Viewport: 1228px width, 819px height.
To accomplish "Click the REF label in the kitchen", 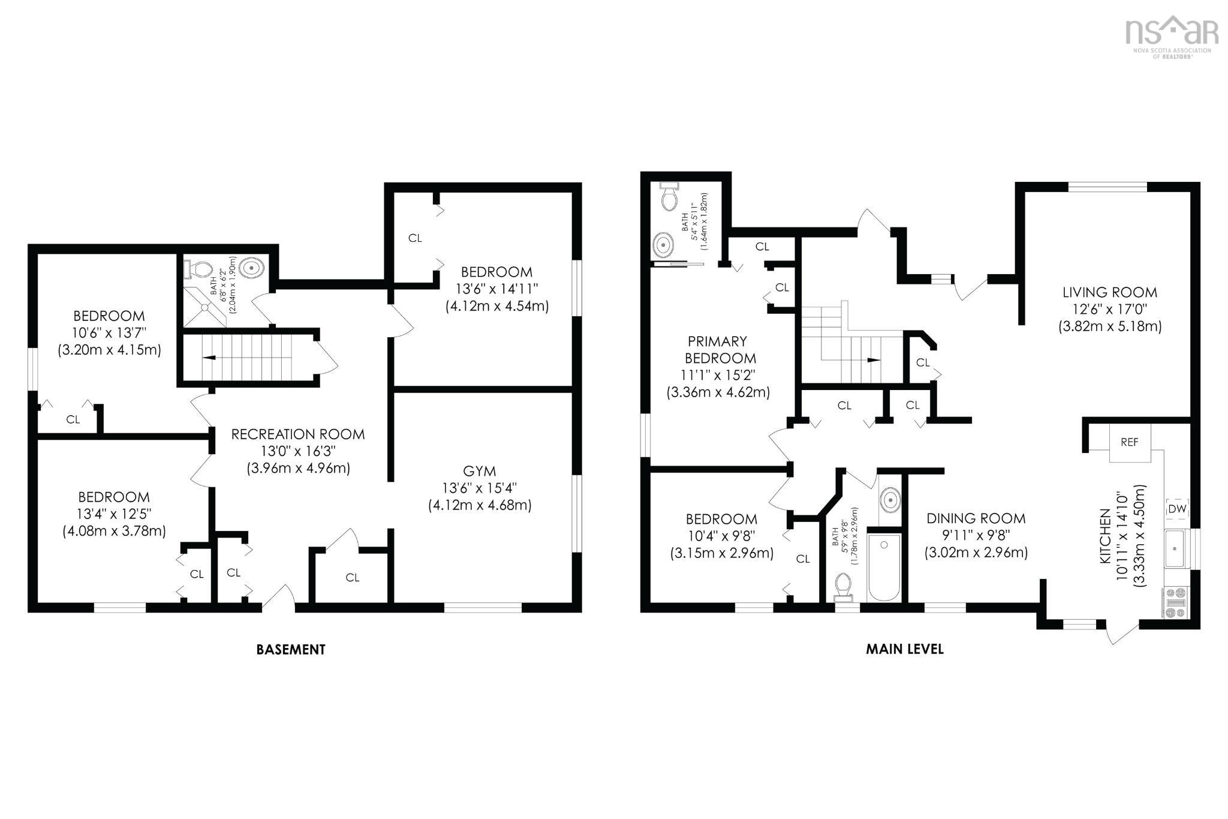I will (1129, 442).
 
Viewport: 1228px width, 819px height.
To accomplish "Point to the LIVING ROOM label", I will (1110, 293).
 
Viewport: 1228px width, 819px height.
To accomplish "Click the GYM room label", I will (479, 471).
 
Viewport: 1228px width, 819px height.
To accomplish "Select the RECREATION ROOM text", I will (298, 434).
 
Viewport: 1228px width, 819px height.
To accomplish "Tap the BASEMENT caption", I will (291, 649).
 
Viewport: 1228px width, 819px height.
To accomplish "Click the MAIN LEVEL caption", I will (904, 649).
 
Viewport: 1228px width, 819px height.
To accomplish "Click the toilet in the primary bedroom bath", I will (669, 197).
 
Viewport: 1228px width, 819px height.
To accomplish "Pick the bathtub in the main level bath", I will (884, 567).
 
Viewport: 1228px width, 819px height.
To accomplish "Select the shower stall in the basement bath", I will (204, 307).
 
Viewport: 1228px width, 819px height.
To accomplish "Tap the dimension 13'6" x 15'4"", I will (479, 488).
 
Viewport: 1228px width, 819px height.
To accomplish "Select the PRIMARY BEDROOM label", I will (718, 350).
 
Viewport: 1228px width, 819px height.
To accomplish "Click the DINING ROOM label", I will (976, 518).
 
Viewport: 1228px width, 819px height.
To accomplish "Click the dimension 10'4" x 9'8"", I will (721, 536).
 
